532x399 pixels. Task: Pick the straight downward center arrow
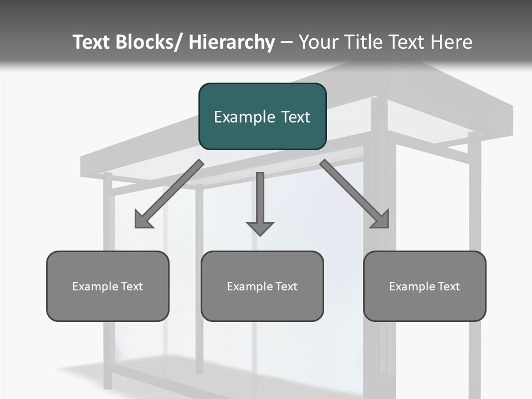[x=260, y=199]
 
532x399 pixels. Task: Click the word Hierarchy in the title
[x=232, y=42]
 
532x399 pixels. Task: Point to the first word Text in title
[x=91, y=42]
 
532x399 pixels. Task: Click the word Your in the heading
[x=317, y=42]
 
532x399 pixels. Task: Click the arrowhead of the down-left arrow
[x=142, y=221]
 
